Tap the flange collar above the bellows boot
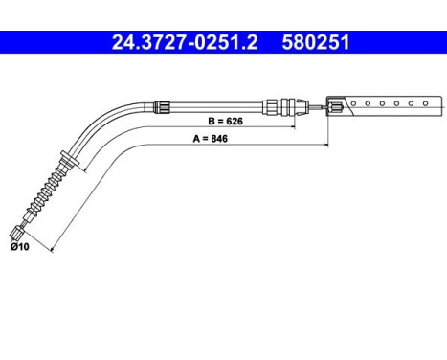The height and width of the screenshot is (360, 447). coord(66,156)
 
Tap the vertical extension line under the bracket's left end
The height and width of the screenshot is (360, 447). coord(328,129)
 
